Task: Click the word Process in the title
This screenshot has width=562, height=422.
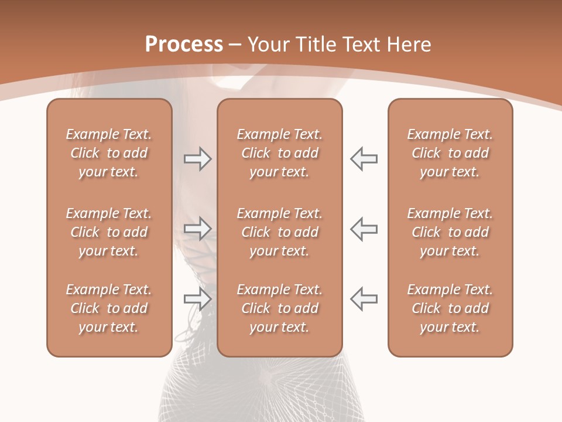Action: (184, 45)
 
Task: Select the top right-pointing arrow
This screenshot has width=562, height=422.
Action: (197, 159)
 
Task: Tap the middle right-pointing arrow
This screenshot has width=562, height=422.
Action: (197, 229)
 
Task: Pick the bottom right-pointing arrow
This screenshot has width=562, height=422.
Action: (197, 299)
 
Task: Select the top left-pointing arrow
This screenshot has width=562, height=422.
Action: (364, 159)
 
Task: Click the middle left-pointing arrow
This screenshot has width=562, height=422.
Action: (364, 229)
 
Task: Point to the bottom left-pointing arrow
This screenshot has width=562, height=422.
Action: (364, 299)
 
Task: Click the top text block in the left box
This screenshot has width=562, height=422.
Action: (109, 153)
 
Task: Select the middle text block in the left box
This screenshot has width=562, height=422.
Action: (109, 232)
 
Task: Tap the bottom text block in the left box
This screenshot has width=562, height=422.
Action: (109, 308)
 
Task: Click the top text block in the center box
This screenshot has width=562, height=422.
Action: (279, 153)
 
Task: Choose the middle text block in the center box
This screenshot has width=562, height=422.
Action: (279, 232)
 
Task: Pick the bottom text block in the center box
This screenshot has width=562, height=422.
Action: (279, 308)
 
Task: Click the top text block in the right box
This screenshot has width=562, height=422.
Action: (450, 153)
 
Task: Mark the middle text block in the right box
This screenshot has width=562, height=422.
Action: (450, 232)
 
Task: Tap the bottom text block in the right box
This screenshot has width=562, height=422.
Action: (450, 308)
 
